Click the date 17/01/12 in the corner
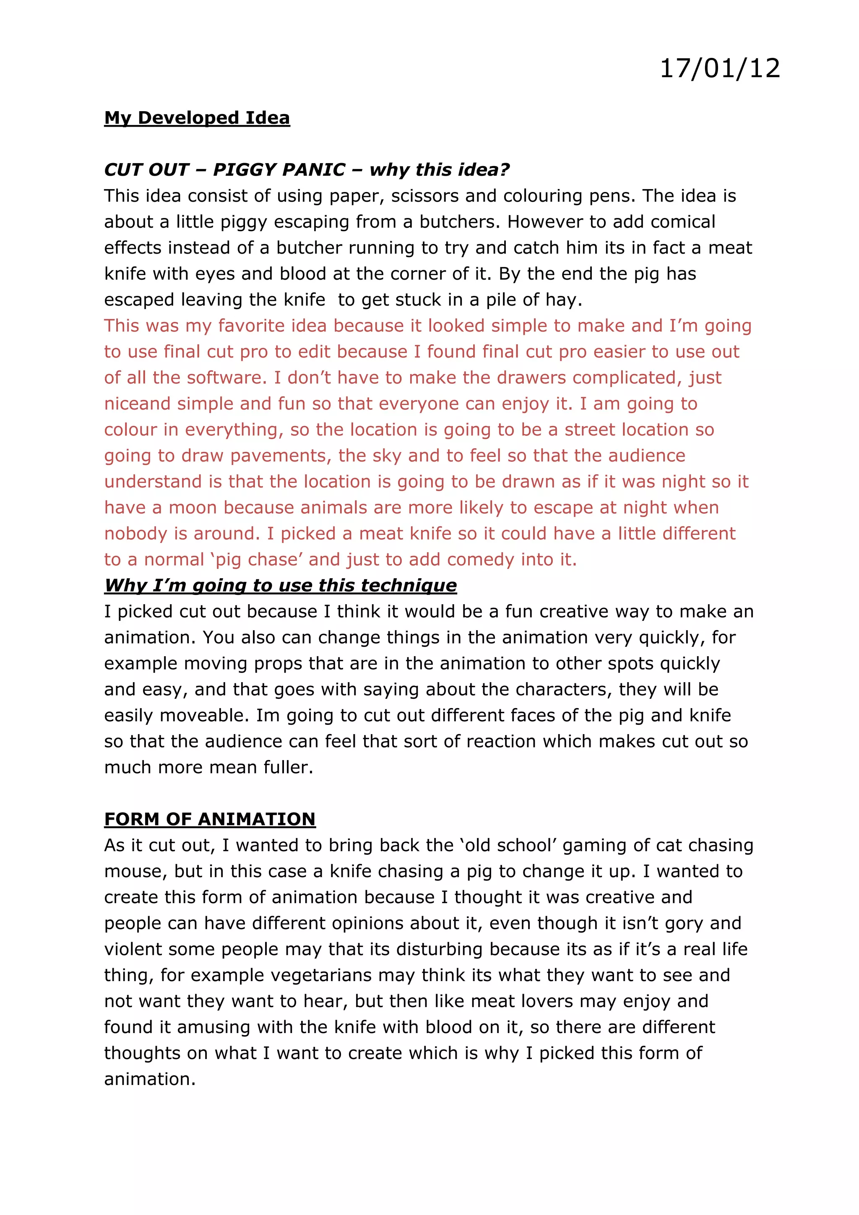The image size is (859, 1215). click(x=719, y=69)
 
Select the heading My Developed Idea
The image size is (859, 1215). click(x=197, y=117)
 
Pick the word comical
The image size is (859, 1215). click(x=683, y=222)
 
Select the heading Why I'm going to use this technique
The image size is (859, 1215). click(x=280, y=586)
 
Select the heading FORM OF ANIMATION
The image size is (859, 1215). click(x=210, y=819)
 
